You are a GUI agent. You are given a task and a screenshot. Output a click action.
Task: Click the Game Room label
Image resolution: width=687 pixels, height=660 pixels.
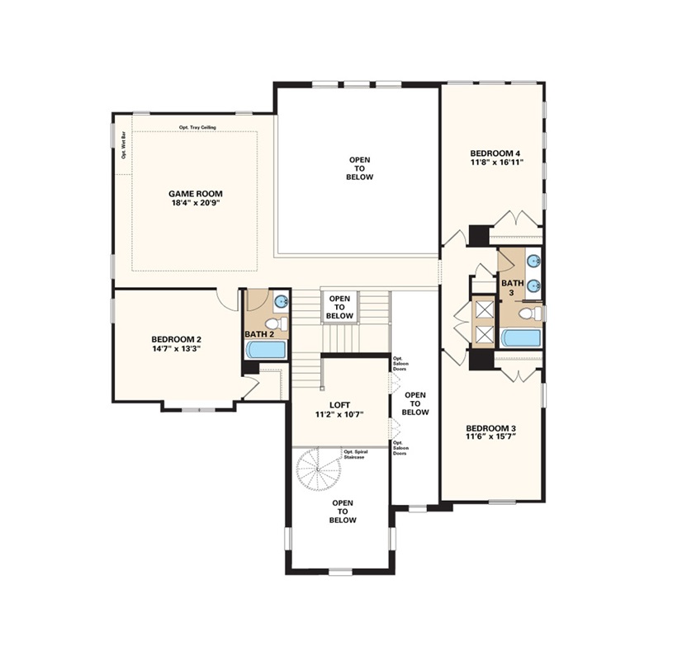[x=196, y=193]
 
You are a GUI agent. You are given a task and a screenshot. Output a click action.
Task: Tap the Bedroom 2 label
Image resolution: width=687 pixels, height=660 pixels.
[x=176, y=339]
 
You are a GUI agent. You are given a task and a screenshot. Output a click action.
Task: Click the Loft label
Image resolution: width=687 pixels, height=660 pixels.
[x=339, y=405]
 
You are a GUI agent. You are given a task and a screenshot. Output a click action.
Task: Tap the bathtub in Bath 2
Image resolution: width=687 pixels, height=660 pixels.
[x=266, y=350]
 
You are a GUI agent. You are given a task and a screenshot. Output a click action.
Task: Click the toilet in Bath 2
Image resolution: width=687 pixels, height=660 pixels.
[x=277, y=324]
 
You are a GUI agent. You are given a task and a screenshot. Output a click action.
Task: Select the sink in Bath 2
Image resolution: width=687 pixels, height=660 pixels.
[x=281, y=301]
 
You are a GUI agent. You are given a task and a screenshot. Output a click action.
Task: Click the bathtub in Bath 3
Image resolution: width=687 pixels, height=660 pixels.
[x=520, y=338]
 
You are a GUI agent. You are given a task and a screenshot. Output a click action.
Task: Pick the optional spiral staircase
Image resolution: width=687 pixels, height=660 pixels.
[x=317, y=469]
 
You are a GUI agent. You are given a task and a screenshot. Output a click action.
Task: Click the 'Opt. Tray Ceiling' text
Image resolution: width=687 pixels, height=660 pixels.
[x=197, y=127]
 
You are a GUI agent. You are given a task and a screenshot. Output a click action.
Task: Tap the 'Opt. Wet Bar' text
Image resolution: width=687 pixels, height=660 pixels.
[x=124, y=148]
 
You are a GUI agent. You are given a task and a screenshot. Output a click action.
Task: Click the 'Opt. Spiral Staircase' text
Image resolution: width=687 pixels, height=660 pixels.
[x=356, y=455]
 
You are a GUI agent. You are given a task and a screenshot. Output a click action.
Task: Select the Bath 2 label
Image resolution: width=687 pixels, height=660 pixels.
[x=259, y=334]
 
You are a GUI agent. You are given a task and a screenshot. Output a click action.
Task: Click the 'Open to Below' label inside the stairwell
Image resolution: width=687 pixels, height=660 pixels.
[x=339, y=307]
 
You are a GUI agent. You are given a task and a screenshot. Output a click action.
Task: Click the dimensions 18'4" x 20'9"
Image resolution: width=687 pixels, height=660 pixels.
[x=196, y=203]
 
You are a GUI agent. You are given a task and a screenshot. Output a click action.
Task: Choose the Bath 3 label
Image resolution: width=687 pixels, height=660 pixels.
[x=513, y=288]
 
